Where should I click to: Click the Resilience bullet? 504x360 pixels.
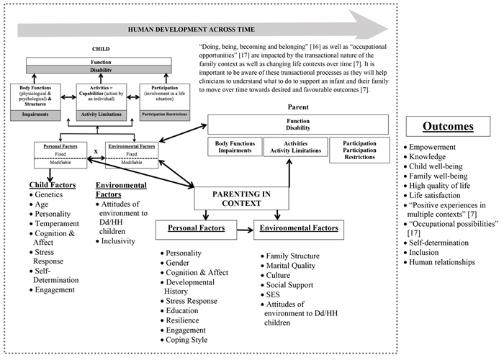186,320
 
